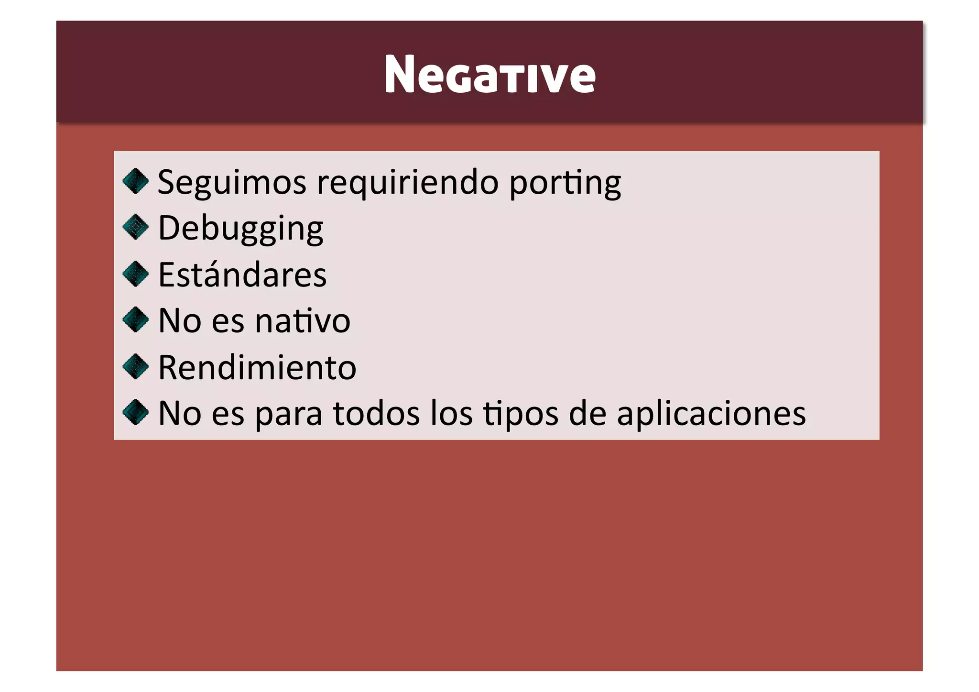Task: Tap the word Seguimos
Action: click(x=232, y=183)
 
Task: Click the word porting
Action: click(x=565, y=183)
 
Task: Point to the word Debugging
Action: click(x=240, y=229)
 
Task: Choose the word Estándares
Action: click(x=242, y=275)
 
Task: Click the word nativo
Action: click(x=303, y=320)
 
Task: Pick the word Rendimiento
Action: click(x=257, y=367)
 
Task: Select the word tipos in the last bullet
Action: click(x=520, y=414)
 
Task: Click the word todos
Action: click(x=376, y=414)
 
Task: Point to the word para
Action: click(x=288, y=414)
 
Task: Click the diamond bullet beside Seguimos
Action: click(x=136, y=181)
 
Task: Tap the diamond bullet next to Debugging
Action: click(x=136, y=227)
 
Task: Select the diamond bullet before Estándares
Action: click(x=136, y=274)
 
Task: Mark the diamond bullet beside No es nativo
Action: click(x=136, y=319)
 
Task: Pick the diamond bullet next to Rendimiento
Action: click(x=136, y=366)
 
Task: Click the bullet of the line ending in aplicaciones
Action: click(x=136, y=412)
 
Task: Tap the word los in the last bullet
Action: click(x=451, y=414)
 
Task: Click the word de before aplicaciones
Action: click(x=587, y=414)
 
